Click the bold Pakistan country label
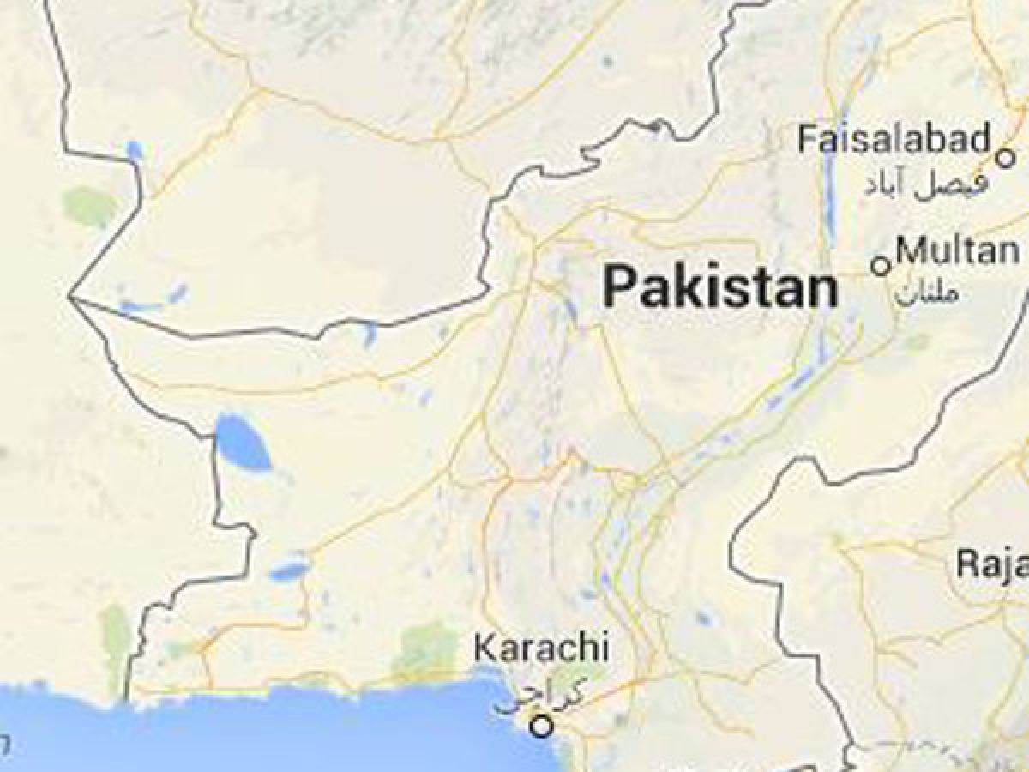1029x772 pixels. pyautogui.click(x=720, y=287)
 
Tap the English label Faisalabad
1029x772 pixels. pyautogui.click(x=894, y=138)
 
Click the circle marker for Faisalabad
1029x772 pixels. pyautogui.click(x=1005, y=158)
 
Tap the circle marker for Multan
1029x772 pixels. pyautogui.click(x=880, y=266)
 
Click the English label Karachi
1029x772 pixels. pyautogui.click(x=542, y=648)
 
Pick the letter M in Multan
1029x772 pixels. pyautogui.click(x=911, y=251)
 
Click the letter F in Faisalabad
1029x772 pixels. pyautogui.click(x=807, y=138)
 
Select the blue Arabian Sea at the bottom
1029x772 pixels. pyautogui.click(x=257, y=729)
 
